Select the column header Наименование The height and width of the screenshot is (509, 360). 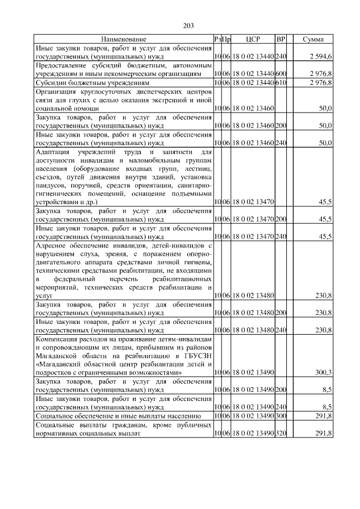pos(124,40)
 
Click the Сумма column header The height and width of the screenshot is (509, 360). pos(313,40)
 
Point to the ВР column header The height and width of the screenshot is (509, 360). pos(281,40)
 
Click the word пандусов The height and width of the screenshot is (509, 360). pos(51,185)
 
